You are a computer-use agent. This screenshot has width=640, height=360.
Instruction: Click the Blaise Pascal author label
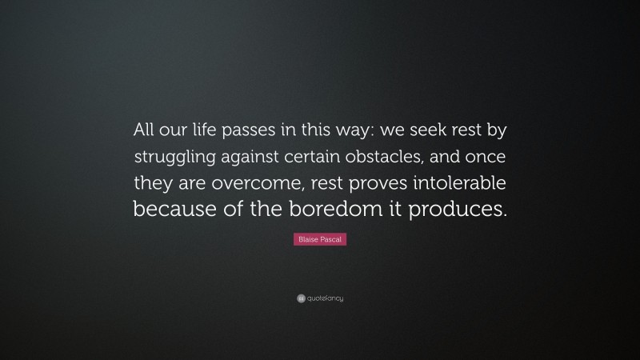pos(319,240)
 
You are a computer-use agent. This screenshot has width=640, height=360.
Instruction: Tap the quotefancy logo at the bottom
pos(319,298)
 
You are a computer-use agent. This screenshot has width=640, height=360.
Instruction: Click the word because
pos(172,209)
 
